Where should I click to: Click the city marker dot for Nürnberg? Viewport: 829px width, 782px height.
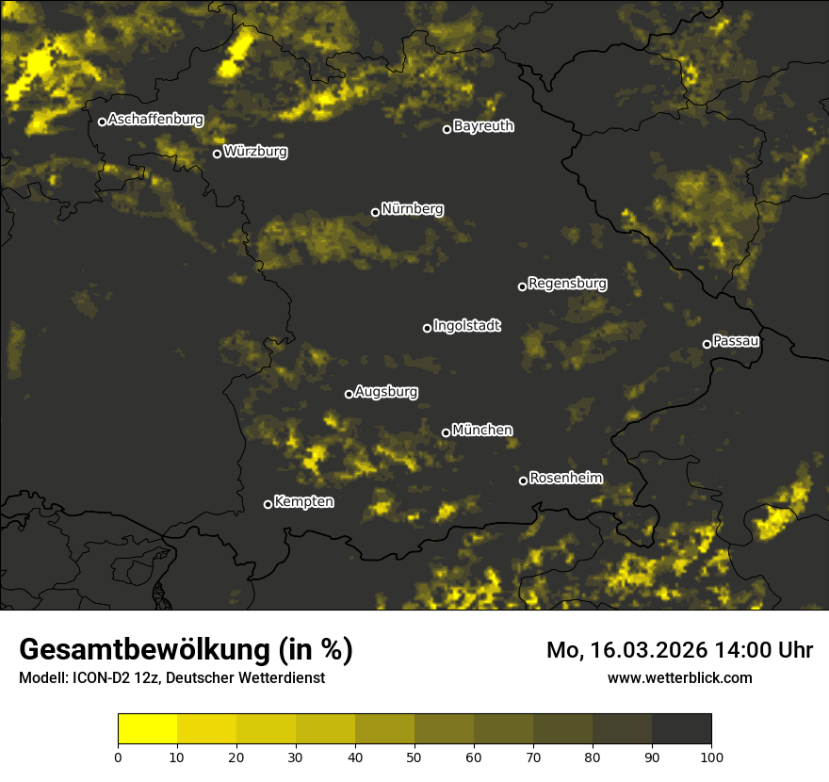[375, 212]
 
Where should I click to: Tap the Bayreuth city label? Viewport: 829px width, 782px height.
[483, 126]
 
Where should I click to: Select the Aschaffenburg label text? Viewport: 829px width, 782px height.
[155, 120]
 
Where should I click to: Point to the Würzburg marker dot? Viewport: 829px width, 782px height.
[217, 154]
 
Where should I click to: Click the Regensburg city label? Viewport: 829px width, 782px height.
[567, 283]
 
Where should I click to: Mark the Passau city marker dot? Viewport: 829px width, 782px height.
[707, 344]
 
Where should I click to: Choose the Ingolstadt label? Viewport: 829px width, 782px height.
[467, 326]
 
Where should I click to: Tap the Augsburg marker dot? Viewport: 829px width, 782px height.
[349, 394]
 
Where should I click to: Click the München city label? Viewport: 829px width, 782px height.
[482, 431]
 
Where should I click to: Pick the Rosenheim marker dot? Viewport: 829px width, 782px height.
[523, 481]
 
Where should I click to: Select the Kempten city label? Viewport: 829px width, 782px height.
[303, 502]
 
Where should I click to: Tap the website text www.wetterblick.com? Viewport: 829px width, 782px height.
[679, 677]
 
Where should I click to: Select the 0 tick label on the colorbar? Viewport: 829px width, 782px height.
[118, 756]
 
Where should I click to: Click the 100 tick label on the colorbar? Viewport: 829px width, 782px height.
[711, 756]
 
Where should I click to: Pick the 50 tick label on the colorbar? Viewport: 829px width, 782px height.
[414, 756]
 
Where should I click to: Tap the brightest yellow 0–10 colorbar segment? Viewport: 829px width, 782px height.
[147, 728]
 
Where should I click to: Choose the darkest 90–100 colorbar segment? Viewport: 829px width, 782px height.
[681, 728]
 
